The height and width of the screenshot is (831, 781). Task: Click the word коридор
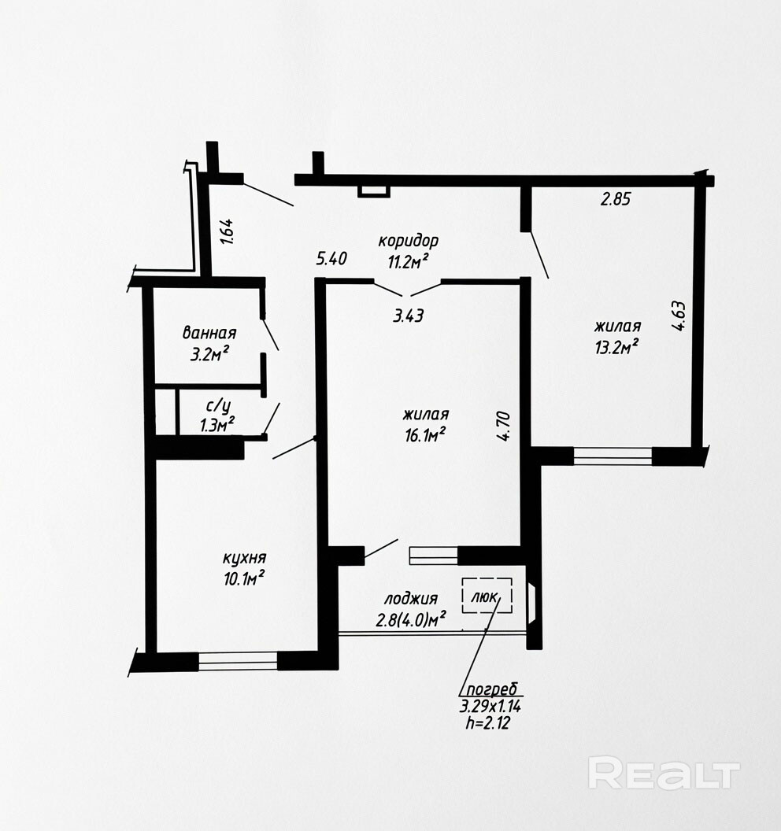tap(409, 241)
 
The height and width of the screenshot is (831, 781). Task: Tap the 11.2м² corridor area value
tap(409, 260)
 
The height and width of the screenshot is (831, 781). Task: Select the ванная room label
tap(209, 334)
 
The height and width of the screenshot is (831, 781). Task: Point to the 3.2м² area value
tap(209, 353)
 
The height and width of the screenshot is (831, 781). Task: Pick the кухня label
tap(244, 558)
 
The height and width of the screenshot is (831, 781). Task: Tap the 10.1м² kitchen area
tap(244, 578)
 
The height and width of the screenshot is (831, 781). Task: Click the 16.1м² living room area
tap(425, 434)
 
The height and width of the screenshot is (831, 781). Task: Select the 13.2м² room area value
tap(616, 347)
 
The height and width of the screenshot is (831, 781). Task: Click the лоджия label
tap(411, 599)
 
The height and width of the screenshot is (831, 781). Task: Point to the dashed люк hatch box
tap(487, 596)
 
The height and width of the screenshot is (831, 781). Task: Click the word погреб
tap(491, 689)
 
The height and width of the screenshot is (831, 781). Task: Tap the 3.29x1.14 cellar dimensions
tap(490, 706)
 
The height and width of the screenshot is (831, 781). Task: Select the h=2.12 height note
tap(488, 723)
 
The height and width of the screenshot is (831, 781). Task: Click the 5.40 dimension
tap(332, 259)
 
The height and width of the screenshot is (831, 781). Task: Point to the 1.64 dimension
tap(227, 231)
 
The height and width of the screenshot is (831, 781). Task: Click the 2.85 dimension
tap(616, 199)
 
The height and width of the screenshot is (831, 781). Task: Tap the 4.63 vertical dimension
tap(679, 316)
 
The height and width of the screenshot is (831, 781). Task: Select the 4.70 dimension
tap(504, 427)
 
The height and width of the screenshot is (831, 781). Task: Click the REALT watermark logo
tap(664, 773)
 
